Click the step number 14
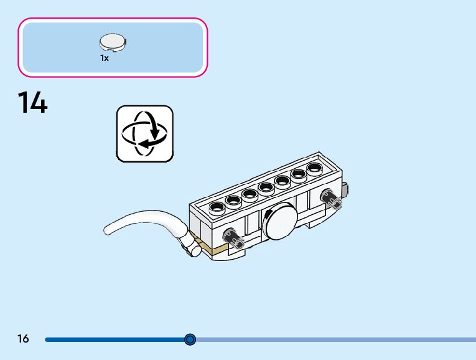[x=32, y=102]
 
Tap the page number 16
[x=23, y=339]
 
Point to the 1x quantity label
[x=105, y=58]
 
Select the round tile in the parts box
[x=113, y=42]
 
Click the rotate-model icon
[x=145, y=134]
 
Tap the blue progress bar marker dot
[x=190, y=339]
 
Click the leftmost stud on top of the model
[x=217, y=207]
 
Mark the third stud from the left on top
[x=250, y=193]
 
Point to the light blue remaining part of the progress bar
[x=336, y=339]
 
